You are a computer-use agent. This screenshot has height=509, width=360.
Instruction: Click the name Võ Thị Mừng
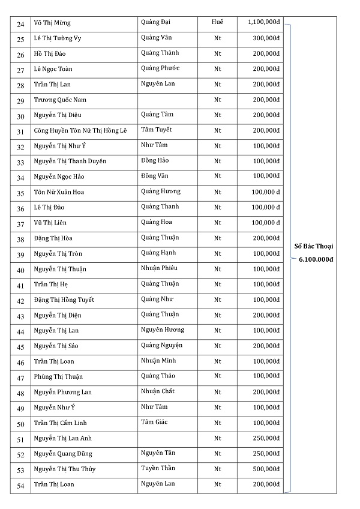tap(52, 23)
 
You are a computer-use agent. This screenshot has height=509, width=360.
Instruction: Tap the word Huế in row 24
tap(218, 22)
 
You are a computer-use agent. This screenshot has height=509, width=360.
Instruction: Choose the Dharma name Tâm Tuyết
tap(157, 130)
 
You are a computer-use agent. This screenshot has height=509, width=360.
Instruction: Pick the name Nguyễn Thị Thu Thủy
tap(64, 469)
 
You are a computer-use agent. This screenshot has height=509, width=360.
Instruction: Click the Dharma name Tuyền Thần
tap(158, 468)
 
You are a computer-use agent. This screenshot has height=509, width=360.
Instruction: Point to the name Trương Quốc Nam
tap(60, 100)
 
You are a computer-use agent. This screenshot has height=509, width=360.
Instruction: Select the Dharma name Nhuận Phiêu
tap(159, 268)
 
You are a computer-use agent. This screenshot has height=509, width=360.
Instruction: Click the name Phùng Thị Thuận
tap(58, 377)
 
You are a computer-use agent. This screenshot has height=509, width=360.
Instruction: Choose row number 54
tap(21, 485)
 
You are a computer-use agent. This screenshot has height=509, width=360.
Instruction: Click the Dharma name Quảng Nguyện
tap(161, 345)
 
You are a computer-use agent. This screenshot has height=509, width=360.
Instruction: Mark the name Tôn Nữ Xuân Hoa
tap(59, 193)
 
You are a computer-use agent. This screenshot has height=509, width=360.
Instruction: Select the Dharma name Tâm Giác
tap(154, 422)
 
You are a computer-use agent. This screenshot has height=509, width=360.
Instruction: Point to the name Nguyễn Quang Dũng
tap(63, 454)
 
